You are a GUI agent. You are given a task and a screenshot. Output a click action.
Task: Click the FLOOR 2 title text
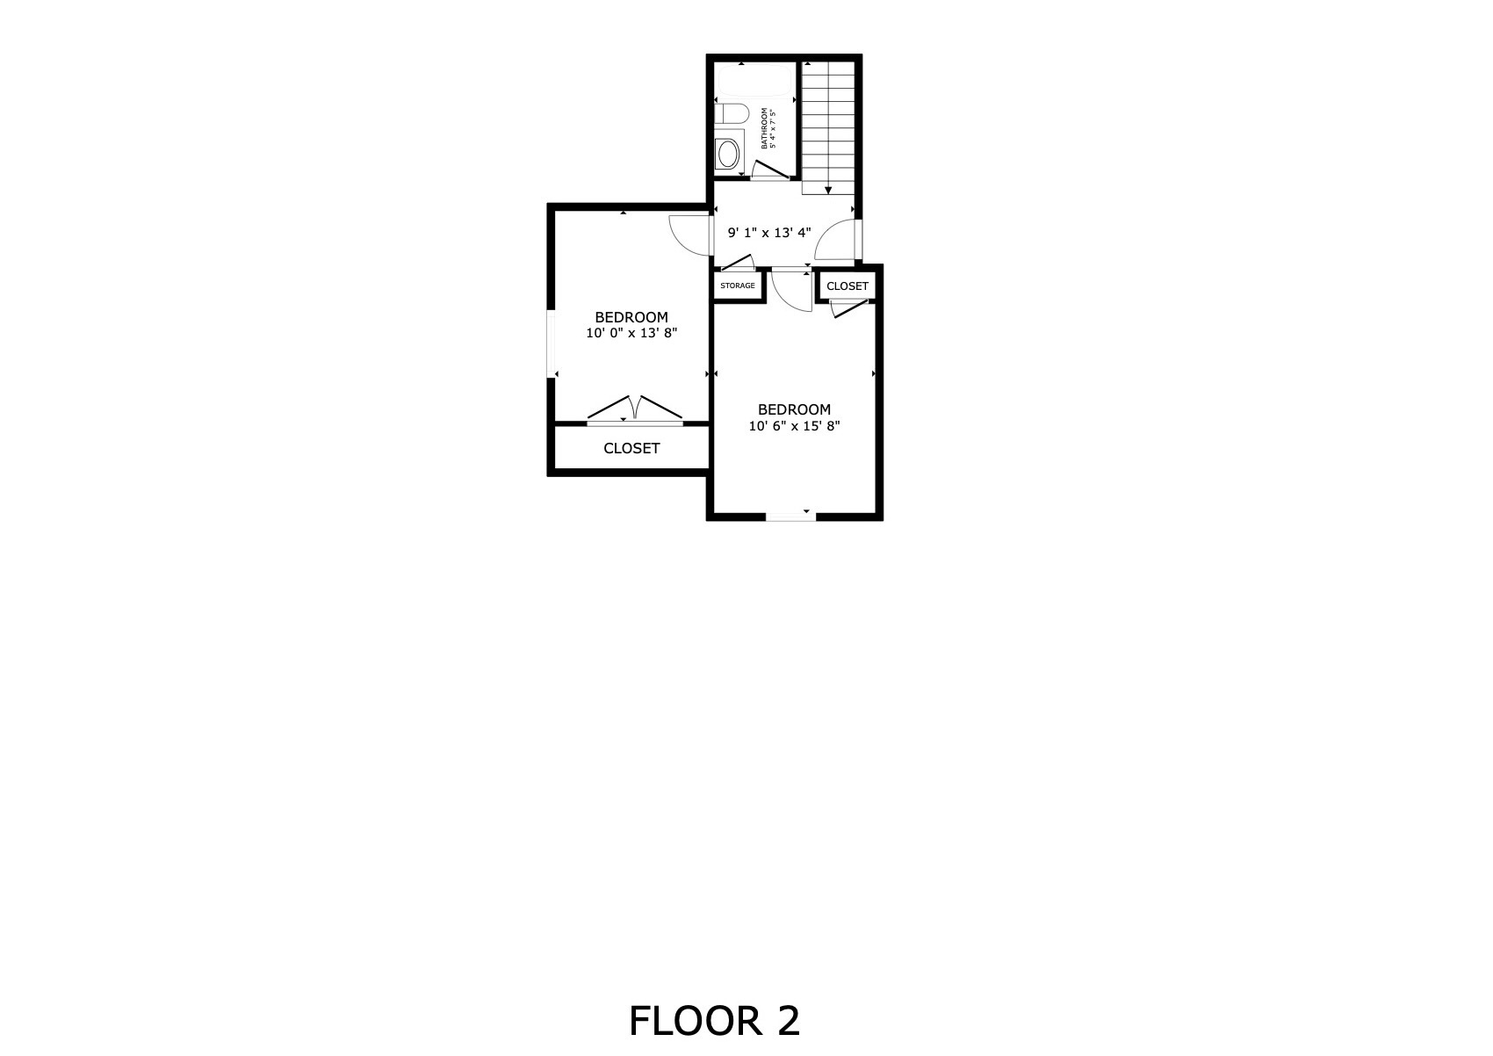pos(714,1021)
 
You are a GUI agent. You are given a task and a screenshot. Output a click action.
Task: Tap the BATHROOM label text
pos(764,128)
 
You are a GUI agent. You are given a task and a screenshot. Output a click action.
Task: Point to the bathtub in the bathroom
pos(754,81)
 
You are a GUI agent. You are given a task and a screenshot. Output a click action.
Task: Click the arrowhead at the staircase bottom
pos(828,191)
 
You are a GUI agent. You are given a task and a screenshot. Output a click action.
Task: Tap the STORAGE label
pos(737,286)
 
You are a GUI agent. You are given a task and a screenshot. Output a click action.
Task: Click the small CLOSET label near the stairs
pos(847,286)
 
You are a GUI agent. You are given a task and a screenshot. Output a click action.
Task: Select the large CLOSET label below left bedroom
pos(631,449)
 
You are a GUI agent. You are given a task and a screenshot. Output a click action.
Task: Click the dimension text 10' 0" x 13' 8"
pos(631,333)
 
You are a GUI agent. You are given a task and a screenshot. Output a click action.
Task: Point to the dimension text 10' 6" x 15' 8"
pos(794,426)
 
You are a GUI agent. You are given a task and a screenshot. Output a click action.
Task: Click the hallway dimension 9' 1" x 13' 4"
pos(769,233)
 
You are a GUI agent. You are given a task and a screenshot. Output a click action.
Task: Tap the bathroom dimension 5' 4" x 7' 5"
pos(773,128)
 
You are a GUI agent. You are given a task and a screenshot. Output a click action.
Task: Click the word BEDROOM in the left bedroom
pos(631,317)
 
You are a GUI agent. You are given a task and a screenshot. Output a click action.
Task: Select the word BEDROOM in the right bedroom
pos(794,409)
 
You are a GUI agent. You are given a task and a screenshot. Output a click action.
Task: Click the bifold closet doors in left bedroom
pos(634,409)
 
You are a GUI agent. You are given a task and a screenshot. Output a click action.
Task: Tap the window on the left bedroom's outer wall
pos(552,344)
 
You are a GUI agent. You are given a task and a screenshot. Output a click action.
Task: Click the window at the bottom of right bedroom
pos(790,516)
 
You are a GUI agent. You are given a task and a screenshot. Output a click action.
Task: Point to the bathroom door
pos(770,170)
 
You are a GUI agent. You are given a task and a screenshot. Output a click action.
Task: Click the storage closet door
pos(737,264)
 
